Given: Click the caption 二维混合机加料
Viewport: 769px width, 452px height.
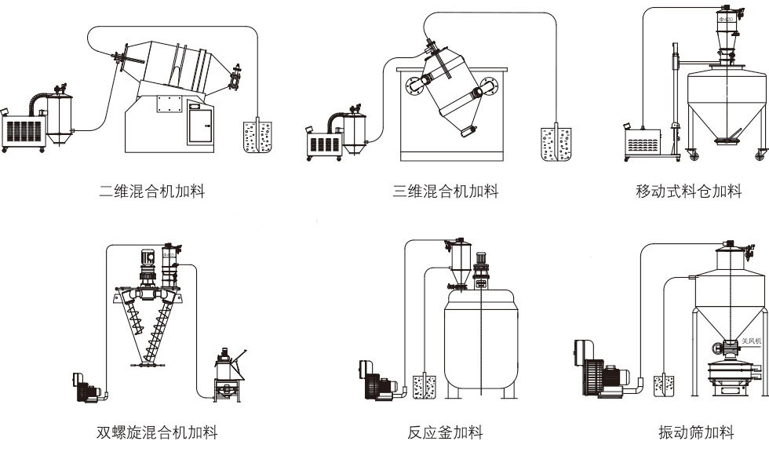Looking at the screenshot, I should (153, 191).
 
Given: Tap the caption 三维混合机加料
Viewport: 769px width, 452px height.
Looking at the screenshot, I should (446, 191).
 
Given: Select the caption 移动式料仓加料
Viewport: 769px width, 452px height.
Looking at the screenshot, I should (688, 191).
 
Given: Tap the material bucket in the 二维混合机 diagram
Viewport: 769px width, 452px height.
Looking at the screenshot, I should (256, 135).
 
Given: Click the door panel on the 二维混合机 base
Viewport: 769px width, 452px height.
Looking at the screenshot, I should (201, 123).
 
